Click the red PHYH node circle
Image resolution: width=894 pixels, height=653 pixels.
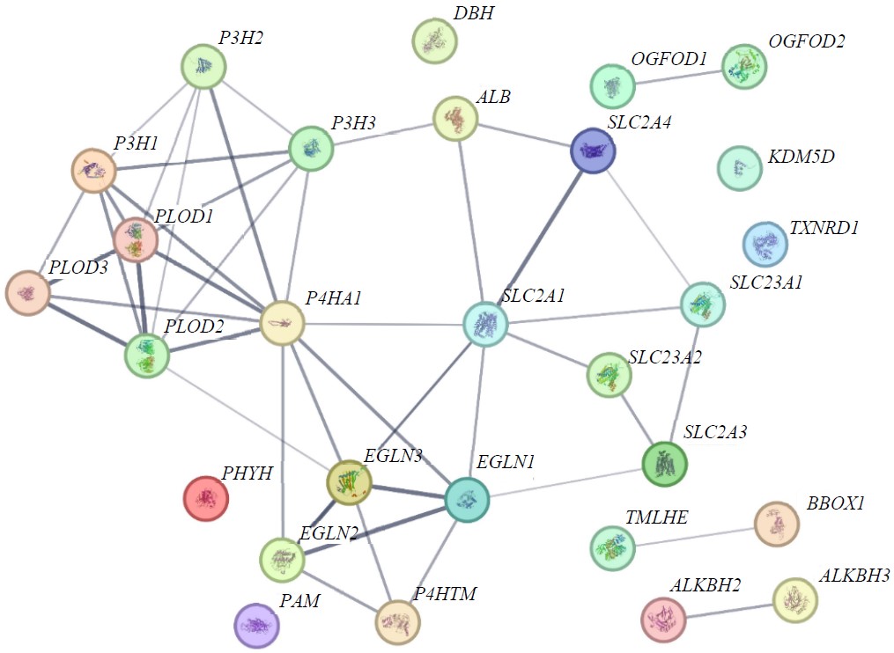205,498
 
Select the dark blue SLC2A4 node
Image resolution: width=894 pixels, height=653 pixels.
593,150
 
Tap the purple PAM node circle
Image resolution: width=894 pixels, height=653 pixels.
256,626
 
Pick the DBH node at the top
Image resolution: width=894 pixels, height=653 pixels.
434,40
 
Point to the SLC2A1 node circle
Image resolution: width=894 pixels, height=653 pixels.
485,324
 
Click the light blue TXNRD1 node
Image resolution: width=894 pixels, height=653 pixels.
765,244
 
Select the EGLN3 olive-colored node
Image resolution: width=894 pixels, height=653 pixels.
349,481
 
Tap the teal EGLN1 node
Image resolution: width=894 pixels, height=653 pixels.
467,499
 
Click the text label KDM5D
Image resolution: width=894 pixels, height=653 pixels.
801,157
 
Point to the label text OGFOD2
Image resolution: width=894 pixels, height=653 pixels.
807,41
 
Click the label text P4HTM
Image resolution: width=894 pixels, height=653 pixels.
444,594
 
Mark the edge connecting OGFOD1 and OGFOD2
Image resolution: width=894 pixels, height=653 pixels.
678,76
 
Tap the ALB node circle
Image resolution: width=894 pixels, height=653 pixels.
455,119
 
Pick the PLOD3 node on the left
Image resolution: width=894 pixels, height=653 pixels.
27,293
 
